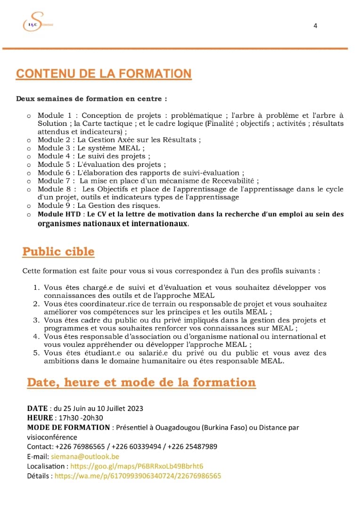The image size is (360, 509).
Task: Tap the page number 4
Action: click(315, 26)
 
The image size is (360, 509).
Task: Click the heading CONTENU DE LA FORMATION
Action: click(104, 74)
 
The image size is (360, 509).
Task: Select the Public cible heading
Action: click(58, 252)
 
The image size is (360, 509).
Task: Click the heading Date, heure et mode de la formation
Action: click(141, 382)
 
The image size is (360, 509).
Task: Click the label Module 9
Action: click(54, 205)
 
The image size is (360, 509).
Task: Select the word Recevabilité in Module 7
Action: click(233, 181)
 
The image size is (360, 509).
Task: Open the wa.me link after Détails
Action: click(138, 476)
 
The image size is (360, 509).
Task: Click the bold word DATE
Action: click(37, 408)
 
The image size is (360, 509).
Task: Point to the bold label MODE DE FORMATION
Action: click(68, 427)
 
